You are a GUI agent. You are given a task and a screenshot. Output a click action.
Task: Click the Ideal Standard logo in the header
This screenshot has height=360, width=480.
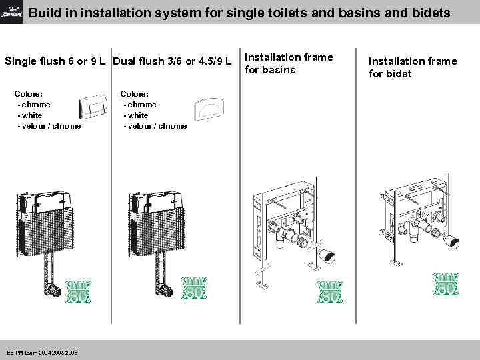coord(11,12)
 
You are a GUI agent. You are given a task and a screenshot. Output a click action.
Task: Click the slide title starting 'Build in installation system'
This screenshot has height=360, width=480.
coord(239,13)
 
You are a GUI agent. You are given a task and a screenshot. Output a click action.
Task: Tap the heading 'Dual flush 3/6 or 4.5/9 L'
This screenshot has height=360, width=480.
coord(172,62)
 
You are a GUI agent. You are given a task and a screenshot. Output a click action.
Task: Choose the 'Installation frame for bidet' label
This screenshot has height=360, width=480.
coord(413,67)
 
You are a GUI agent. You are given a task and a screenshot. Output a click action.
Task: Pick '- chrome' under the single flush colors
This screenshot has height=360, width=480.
coord(35,105)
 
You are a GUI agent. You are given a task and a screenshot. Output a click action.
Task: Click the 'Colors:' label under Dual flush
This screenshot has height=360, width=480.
coord(134,94)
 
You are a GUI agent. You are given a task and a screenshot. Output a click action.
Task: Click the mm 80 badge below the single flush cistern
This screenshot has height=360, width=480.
coord(78,291)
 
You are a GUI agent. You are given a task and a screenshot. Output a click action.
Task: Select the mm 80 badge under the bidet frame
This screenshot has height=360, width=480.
coord(445,285)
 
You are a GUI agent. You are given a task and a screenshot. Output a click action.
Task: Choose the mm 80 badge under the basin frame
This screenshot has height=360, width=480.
coord(330,291)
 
